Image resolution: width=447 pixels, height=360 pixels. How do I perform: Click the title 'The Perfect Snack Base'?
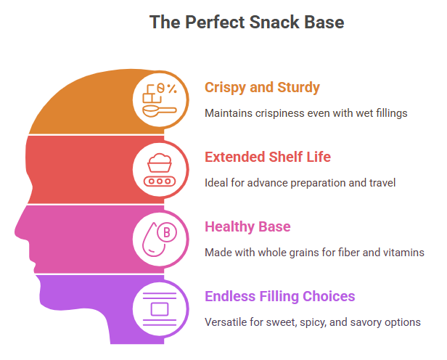click(x=247, y=22)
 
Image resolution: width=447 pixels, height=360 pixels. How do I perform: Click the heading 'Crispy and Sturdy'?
click(x=262, y=88)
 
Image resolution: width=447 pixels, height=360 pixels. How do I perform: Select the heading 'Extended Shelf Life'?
click(x=268, y=157)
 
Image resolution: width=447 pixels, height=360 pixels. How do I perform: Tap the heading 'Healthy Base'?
click(x=247, y=226)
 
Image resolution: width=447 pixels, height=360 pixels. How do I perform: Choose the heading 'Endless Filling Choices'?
click(x=280, y=296)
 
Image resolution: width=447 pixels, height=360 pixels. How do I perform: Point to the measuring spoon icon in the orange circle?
click(x=160, y=111)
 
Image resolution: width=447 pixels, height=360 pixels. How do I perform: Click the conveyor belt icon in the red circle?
click(x=160, y=181)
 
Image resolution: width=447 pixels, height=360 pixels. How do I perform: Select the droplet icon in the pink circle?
click(x=153, y=240)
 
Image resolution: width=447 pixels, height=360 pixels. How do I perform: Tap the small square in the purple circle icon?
click(x=160, y=309)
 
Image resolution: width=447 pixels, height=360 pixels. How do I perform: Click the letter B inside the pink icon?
click(x=167, y=232)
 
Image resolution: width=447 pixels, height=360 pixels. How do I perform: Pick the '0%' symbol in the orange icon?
click(x=167, y=88)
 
